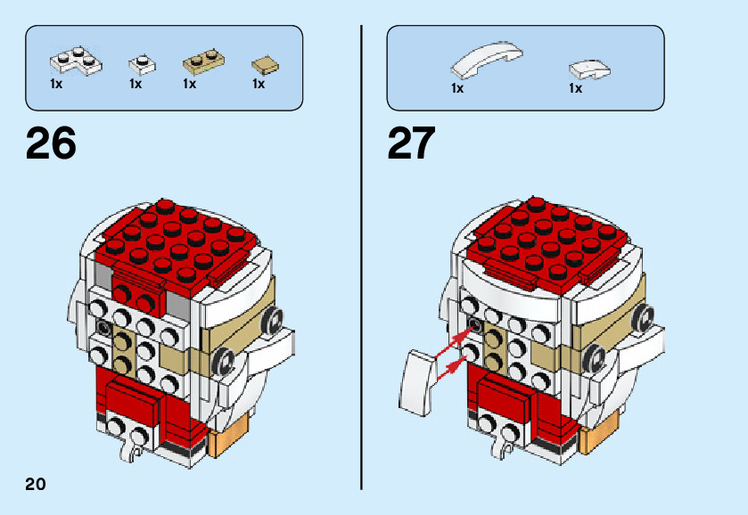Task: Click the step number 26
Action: pyautogui.click(x=52, y=143)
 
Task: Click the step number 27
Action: pyautogui.click(x=411, y=143)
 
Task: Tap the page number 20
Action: pyautogui.click(x=36, y=485)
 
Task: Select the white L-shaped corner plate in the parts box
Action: pyautogui.click(x=75, y=61)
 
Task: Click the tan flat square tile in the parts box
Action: pyautogui.click(x=265, y=64)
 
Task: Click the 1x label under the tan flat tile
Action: pyautogui.click(x=259, y=85)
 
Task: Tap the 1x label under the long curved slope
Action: pyautogui.click(x=457, y=88)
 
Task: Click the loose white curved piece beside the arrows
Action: pyautogui.click(x=417, y=373)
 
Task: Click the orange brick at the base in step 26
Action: pyautogui.click(x=223, y=441)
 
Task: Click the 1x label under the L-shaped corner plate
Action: pyautogui.click(x=56, y=85)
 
